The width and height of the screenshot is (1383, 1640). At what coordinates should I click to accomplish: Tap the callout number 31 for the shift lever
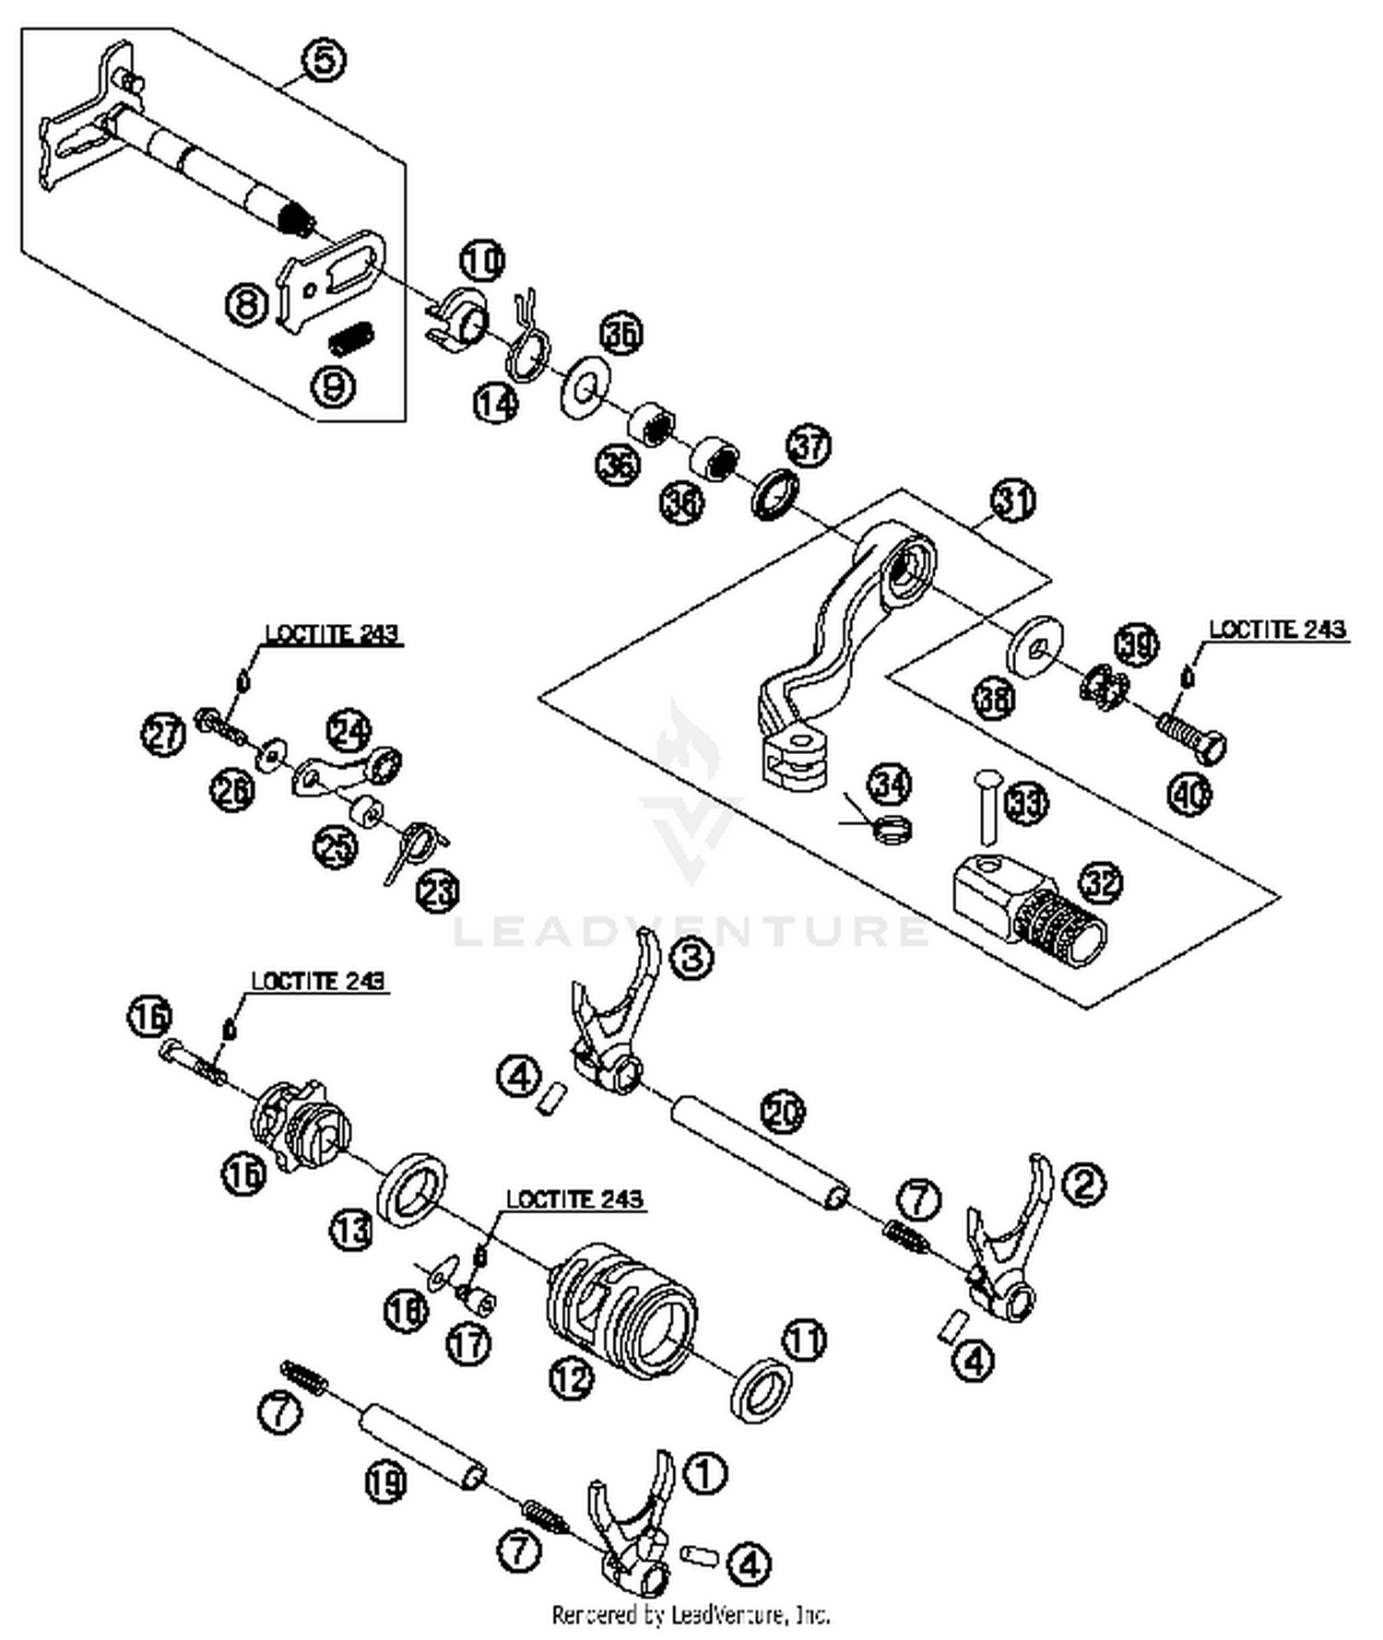coord(1012,501)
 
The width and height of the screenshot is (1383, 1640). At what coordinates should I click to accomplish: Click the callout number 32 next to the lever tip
coord(1101,883)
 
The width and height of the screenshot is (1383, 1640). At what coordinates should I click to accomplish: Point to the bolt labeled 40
coord(1191,737)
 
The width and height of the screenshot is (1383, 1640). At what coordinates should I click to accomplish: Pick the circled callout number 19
coord(385,1483)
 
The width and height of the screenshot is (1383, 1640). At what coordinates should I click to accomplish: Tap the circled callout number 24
coord(349,731)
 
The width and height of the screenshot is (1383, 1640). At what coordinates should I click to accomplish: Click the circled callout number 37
coord(809,447)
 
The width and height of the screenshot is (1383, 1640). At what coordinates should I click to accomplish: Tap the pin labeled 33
coord(985,808)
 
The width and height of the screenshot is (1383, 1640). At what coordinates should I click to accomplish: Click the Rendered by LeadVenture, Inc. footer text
coord(691,1614)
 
